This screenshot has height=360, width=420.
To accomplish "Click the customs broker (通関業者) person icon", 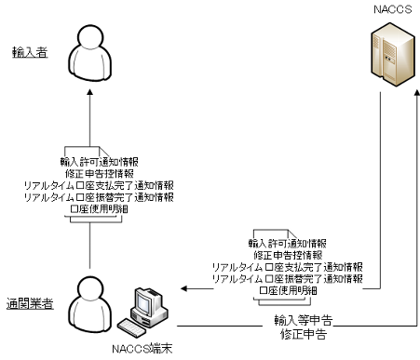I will click(x=90, y=302).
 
